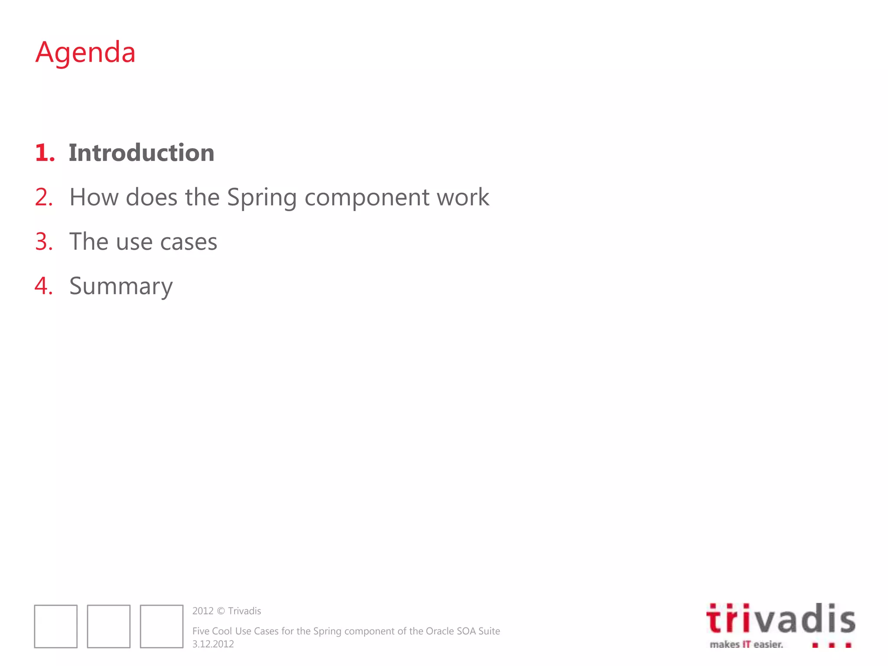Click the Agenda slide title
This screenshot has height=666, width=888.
85,52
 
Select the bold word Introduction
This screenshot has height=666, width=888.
141,153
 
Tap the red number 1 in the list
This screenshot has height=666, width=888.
44,153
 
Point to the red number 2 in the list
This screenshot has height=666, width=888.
44,197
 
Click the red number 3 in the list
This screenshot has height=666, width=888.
44,242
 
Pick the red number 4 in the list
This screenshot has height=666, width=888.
44,286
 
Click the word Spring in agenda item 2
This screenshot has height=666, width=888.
262,198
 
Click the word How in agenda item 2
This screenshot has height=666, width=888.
94,197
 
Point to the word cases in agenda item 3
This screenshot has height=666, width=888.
188,242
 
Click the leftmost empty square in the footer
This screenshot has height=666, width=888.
56,626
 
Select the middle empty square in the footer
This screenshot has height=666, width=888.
109,626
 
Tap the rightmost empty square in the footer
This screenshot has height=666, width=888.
162,626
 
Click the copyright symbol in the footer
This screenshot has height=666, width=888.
221,611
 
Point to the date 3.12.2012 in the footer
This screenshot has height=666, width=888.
213,644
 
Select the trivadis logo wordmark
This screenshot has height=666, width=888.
780,619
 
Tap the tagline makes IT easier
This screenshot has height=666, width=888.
746,644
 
